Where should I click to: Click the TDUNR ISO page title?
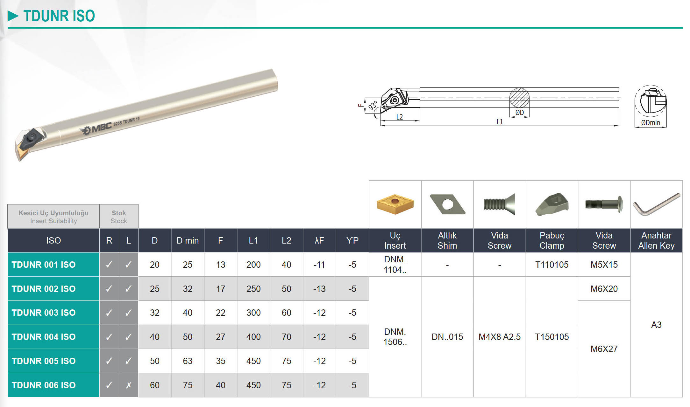[59, 16]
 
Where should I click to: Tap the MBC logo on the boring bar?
[96, 128]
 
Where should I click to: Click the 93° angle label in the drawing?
[373, 105]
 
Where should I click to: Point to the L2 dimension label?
[400, 117]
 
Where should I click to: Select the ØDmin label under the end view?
[651, 123]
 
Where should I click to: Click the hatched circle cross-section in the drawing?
[519, 98]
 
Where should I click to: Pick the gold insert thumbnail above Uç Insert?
[395, 204]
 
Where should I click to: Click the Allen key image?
[656, 204]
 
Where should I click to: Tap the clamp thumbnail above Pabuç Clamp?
[551, 204]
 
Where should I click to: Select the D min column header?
[188, 241]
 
